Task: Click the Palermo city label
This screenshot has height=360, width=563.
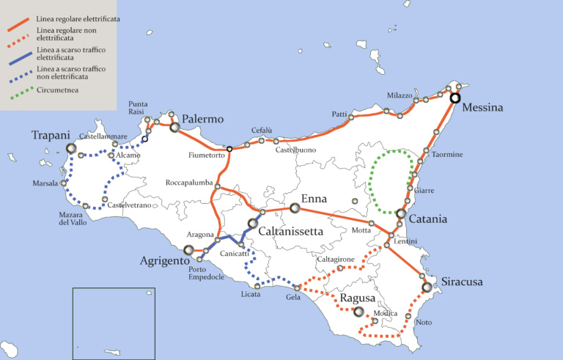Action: (x=203, y=119)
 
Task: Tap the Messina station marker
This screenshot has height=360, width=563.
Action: (x=455, y=98)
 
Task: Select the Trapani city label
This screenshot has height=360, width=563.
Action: (x=51, y=136)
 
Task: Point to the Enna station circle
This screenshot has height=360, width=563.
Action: (x=295, y=209)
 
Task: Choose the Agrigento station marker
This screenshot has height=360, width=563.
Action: (x=188, y=251)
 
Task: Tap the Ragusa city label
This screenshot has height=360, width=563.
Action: (x=358, y=298)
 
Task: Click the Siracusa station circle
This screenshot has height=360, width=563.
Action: (x=427, y=287)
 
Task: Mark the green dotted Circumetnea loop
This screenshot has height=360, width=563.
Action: (x=371, y=183)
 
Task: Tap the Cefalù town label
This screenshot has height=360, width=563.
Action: (x=262, y=131)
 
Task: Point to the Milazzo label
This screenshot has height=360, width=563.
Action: (x=400, y=96)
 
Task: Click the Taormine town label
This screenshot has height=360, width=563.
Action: (x=446, y=155)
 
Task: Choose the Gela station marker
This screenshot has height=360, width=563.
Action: (x=298, y=287)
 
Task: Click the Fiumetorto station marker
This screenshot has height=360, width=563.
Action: (x=229, y=149)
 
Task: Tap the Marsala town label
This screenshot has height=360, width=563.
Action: (x=45, y=183)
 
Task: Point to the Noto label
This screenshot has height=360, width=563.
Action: (x=424, y=323)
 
